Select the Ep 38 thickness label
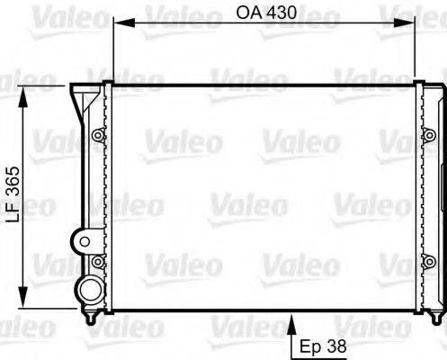[x=321, y=344]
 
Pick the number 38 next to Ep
[x=335, y=344]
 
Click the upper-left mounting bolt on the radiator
[x=97, y=136]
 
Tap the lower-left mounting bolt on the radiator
[x=97, y=263]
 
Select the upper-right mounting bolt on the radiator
[x=427, y=136]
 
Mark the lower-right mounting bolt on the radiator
[x=427, y=263]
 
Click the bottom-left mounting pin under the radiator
[x=90, y=319]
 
